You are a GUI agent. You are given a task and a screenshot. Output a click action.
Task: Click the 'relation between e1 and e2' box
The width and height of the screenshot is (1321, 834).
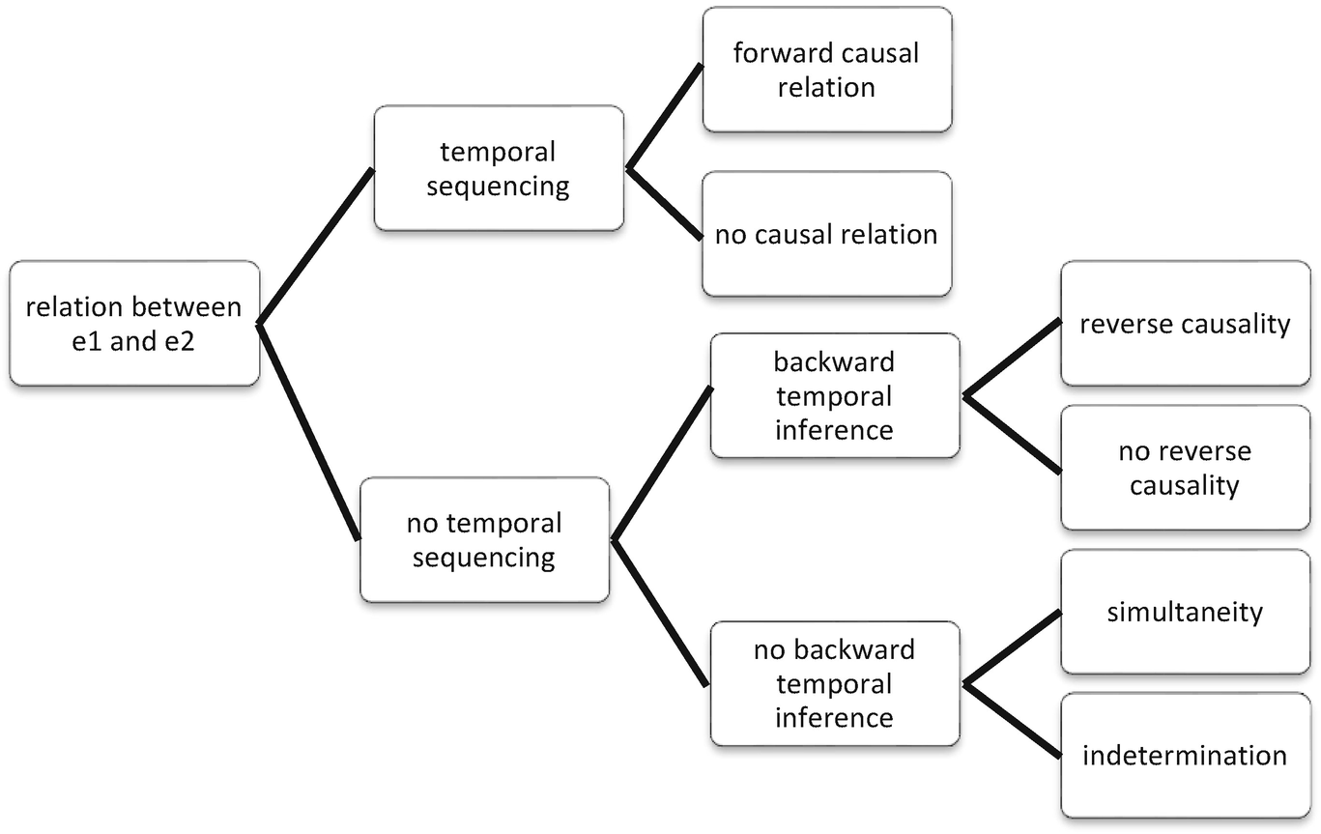134,324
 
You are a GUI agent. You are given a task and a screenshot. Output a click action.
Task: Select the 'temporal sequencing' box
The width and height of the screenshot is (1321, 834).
498,168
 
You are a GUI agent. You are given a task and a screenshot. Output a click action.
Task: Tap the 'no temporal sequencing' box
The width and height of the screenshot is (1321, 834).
484,539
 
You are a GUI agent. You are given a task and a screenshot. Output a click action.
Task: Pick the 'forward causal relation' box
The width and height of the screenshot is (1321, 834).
826,70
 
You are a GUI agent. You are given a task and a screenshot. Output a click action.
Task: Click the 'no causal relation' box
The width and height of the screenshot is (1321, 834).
826,234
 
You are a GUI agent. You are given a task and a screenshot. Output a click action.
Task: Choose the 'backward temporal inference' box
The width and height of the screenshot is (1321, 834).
834,395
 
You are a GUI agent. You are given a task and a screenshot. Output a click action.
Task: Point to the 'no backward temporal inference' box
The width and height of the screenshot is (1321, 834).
834,683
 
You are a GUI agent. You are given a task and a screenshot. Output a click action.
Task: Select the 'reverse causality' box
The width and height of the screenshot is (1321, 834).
1185,324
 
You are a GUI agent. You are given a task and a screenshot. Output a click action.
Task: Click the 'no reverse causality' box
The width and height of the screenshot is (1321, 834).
1185,468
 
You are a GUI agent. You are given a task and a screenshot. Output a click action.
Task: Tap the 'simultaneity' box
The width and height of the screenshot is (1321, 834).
1185,612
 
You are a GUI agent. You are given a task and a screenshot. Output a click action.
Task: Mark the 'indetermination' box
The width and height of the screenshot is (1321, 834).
1185,755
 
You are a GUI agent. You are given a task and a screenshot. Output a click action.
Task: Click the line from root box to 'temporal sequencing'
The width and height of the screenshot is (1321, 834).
316,245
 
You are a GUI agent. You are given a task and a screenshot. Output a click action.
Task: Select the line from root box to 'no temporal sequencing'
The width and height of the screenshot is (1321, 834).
309,431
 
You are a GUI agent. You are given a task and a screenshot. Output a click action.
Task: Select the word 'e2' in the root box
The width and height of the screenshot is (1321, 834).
177,341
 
